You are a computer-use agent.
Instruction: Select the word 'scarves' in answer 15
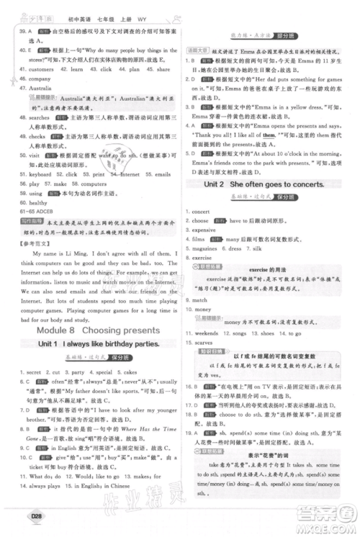tap(206, 343)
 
